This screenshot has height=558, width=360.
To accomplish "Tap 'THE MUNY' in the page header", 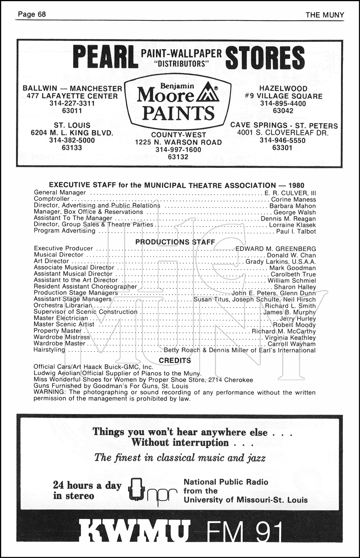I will coord(325,15).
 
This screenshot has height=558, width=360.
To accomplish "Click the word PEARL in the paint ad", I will coord(105,57).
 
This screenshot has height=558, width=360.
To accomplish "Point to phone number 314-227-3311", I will coord(72,103).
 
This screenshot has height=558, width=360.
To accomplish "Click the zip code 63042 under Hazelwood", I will coord(283,111).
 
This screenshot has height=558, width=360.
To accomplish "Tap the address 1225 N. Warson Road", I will coord(178,142).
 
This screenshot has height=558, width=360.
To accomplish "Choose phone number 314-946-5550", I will coord(283,141).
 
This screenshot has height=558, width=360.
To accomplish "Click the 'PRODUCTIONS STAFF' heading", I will coord(175,242).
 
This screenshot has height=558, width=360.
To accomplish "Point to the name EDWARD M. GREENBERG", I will coord(276,248).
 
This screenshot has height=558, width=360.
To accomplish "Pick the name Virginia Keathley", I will coord(290,338).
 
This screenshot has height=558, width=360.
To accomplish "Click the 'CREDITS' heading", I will coord(175,360).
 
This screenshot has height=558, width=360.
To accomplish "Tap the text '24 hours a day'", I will coord(87,485).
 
